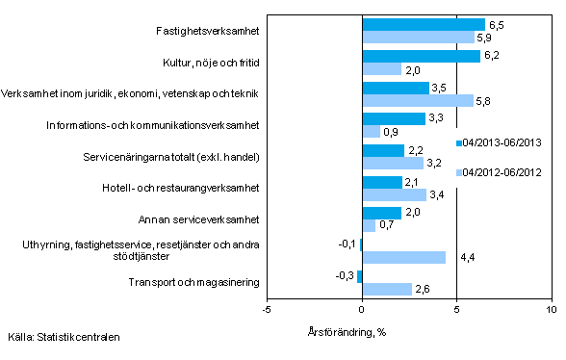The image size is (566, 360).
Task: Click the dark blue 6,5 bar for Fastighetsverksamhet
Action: tap(423, 24)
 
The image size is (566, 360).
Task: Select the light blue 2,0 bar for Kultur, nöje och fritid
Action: tap(380, 69)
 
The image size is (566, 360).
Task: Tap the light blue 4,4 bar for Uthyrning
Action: tap(403, 257)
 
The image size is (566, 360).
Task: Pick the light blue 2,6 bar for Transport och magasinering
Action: tap(386, 289)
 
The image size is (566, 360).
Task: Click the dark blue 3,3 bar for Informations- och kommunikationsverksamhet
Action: tap(393, 118)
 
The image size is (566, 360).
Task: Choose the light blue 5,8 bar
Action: tap(416, 100)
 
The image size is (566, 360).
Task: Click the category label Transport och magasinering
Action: tap(195, 282)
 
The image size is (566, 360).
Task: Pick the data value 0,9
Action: tap(392, 132)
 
